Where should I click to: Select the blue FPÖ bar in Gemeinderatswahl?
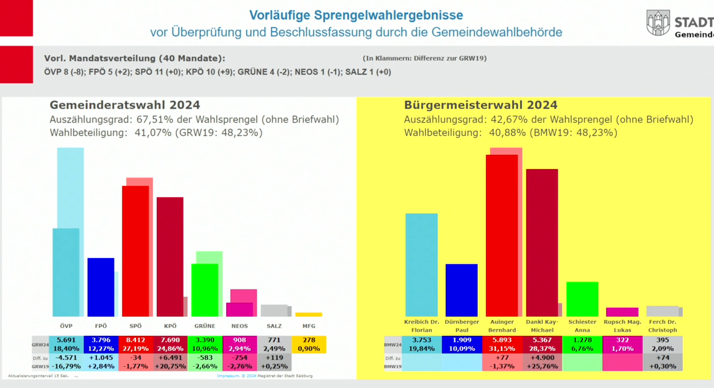(x=101, y=287)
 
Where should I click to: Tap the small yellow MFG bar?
(x=309, y=314)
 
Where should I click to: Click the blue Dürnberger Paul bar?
(x=461, y=290)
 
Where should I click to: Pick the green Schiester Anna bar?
(x=582, y=299)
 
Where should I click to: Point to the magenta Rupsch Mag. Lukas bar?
(x=622, y=312)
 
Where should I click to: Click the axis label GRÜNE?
(x=205, y=326)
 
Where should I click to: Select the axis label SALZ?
(x=274, y=326)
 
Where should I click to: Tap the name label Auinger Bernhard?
(x=502, y=326)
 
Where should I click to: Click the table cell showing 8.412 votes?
(x=135, y=340)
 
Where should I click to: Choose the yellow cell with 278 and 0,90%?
(x=309, y=344)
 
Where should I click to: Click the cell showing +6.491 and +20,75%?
(x=170, y=362)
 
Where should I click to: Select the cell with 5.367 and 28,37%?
(x=542, y=344)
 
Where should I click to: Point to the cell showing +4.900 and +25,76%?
(x=542, y=362)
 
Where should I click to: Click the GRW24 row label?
(x=40, y=345)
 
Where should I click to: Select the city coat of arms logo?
(x=658, y=23)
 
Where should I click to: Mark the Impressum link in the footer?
(x=228, y=376)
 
